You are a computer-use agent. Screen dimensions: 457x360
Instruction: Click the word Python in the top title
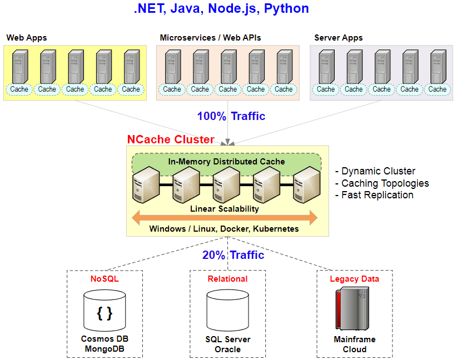click(x=286, y=9)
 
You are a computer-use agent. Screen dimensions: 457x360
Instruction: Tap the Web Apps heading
click(x=27, y=38)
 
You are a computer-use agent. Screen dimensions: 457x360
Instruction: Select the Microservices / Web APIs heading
click(x=210, y=38)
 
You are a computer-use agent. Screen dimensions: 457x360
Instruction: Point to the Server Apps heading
click(x=339, y=38)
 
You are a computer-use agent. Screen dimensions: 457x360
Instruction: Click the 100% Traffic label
click(x=231, y=116)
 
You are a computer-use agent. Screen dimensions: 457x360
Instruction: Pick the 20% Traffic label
click(x=233, y=255)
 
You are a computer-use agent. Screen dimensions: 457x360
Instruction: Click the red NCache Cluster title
click(x=171, y=139)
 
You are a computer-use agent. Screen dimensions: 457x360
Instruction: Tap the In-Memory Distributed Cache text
click(x=226, y=161)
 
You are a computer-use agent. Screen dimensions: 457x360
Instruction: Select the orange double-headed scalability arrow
click(x=225, y=218)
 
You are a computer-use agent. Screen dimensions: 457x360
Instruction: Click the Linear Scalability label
click(x=225, y=209)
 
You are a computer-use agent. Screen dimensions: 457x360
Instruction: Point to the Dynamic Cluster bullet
click(x=375, y=171)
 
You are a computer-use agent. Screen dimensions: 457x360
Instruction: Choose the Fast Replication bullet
click(x=374, y=195)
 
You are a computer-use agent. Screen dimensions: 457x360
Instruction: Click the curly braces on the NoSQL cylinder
click(x=105, y=314)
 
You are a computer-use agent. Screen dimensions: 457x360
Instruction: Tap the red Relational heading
click(x=227, y=279)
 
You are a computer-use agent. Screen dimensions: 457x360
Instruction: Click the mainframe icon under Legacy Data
click(x=352, y=308)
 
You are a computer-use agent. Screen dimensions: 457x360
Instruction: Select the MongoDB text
click(x=105, y=349)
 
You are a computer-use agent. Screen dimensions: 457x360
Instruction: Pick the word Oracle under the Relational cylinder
click(x=227, y=349)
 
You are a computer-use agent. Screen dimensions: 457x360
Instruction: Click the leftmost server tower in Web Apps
click(x=20, y=67)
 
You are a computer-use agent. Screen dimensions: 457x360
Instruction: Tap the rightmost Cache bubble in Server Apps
click(x=437, y=89)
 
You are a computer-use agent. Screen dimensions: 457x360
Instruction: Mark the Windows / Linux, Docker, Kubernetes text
click(x=224, y=229)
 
